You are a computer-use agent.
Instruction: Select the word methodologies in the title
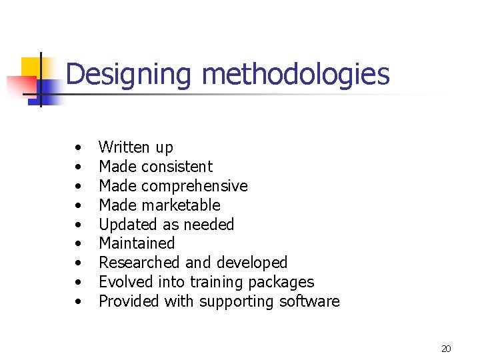295,74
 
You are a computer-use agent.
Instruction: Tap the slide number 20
446,349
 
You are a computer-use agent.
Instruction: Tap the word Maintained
137,243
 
